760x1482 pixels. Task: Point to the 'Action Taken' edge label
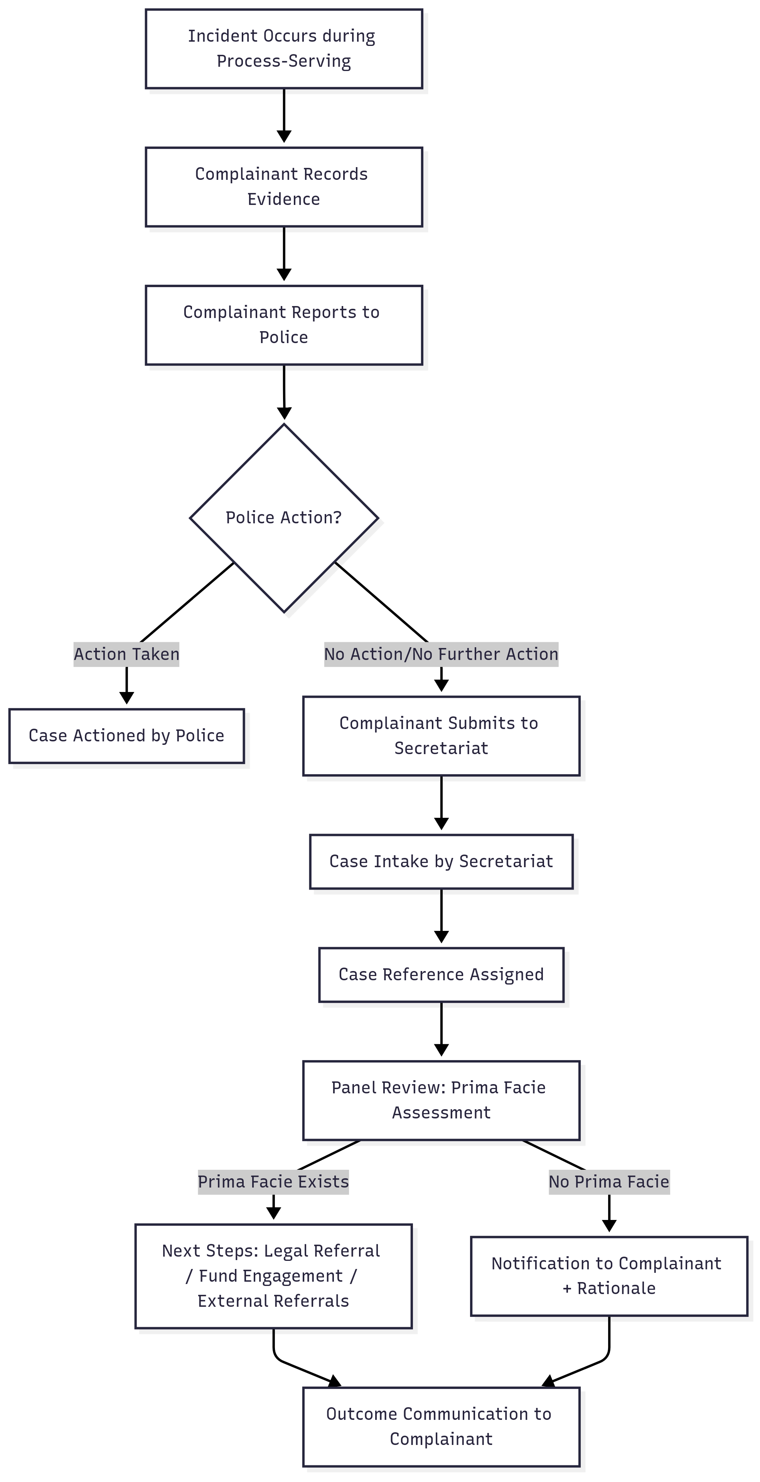(126, 654)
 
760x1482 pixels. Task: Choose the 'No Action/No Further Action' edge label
(441, 654)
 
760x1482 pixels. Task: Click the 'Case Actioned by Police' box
(126, 736)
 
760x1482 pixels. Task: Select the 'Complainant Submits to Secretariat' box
(441, 736)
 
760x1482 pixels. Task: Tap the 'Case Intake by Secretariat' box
(441, 861)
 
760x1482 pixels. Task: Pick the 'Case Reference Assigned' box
(441, 974)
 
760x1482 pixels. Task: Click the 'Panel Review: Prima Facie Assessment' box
(441, 1100)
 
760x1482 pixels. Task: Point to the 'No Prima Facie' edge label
(609, 1182)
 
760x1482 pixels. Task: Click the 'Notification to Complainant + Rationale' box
(609, 1276)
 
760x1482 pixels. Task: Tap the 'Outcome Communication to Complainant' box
(441, 1427)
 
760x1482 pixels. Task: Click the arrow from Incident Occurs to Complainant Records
(284, 115)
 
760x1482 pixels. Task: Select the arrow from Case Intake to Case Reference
(441, 915)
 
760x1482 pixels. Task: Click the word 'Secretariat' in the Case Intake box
(506, 861)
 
